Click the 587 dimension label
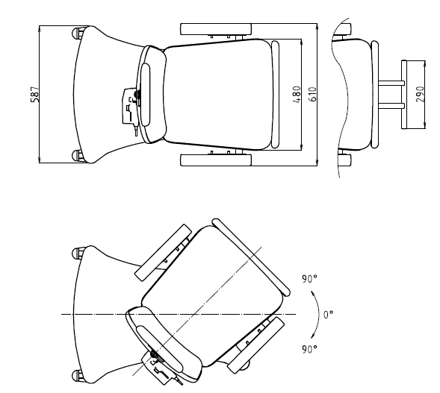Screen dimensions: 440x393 35,95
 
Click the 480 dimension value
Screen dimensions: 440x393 297,95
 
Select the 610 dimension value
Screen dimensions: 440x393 313,95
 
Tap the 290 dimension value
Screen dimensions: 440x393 421,95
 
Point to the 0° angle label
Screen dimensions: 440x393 328,314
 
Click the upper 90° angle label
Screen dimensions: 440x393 309,279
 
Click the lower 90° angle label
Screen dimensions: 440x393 309,349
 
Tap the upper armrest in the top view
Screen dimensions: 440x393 216,29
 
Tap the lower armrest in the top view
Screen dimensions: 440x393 216,160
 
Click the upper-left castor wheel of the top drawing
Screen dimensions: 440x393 78,34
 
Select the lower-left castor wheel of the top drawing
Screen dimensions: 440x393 78,155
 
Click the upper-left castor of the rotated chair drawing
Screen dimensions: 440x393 78,254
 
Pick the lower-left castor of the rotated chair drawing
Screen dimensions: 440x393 78,376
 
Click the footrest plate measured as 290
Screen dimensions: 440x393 404,95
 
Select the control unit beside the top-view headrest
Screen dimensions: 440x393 130,106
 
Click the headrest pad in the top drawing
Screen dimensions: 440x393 146,95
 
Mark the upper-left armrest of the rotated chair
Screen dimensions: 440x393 163,253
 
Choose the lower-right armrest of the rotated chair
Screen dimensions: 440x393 255,345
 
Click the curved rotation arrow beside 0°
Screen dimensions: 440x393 316,314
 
